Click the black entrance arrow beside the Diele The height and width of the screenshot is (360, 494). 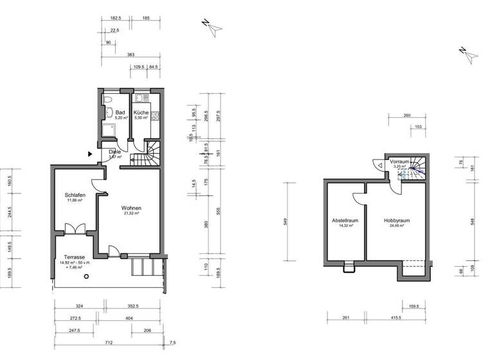pos(90,154)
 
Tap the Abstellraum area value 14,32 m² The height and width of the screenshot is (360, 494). pos(345,225)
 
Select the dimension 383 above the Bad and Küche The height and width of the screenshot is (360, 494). pos(131,55)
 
